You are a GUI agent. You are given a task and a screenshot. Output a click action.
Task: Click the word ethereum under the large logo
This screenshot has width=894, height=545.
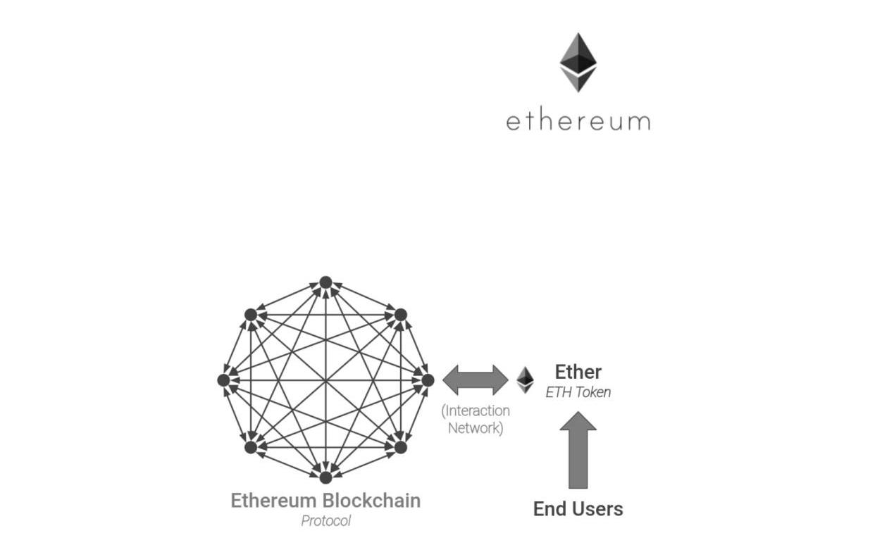pyautogui.click(x=578, y=121)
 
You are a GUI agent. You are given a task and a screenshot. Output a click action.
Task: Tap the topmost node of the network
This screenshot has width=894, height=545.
pyautogui.click(x=325, y=282)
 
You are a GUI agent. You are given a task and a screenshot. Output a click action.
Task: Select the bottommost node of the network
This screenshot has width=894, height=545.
pyautogui.click(x=325, y=477)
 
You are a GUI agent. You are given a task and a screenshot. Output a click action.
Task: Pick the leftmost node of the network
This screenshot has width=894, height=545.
pyautogui.click(x=224, y=380)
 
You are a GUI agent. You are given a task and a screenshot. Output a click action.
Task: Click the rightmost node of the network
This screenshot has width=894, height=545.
pyautogui.click(x=427, y=380)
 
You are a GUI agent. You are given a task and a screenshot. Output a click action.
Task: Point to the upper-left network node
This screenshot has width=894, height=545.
pyautogui.click(x=251, y=315)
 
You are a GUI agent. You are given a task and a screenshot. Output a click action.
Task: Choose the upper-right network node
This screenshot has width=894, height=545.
pyautogui.click(x=400, y=315)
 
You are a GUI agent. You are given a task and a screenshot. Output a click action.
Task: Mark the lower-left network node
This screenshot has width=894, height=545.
pyautogui.click(x=251, y=446)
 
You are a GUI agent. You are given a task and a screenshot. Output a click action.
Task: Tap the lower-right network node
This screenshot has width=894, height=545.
pyautogui.click(x=400, y=446)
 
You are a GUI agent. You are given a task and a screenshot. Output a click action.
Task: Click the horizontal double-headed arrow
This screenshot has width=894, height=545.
pyautogui.click(x=476, y=380)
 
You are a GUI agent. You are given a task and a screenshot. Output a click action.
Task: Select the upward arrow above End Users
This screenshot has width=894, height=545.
pyautogui.click(x=578, y=451)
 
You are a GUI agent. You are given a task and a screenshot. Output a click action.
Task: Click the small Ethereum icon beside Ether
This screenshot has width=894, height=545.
pyautogui.click(x=525, y=380)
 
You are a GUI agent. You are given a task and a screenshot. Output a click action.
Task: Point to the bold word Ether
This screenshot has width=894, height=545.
pyautogui.click(x=578, y=372)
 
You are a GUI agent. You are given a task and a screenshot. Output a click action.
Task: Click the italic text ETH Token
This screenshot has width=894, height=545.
pyautogui.click(x=578, y=392)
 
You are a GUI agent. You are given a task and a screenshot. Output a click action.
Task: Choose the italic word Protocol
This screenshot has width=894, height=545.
pyautogui.click(x=325, y=521)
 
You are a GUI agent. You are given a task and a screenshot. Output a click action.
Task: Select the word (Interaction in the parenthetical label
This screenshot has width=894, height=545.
pyautogui.click(x=476, y=411)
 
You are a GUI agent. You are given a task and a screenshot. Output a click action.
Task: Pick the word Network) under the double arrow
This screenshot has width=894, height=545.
pyautogui.click(x=476, y=427)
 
